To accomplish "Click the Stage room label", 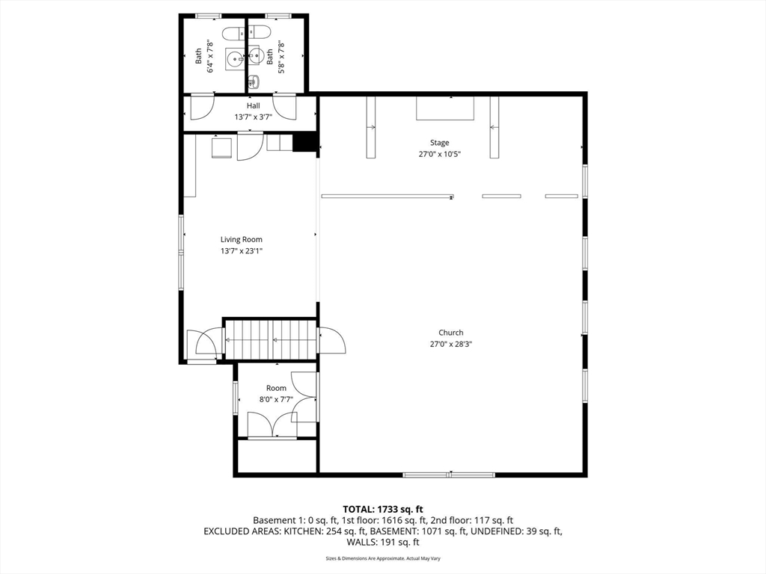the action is pyautogui.click(x=439, y=143).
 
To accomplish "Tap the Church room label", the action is pyautogui.click(x=450, y=333).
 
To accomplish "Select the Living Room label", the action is pyautogui.click(x=242, y=239).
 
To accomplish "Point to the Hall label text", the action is pyautogui.click(x=253, y=105).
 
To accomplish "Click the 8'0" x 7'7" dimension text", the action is pyautogui.click(x=276, y=399).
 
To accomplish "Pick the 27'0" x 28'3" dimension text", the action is pyautogui.click(x=450, y=344).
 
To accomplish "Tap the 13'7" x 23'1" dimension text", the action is pyautogui.click(x=242, y=251).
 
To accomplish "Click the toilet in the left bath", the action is pyautogui.click(x=233, y=34).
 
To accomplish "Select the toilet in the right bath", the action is pyautogui.click(x=259, y=31).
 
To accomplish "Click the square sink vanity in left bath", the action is pyautogui.click(x=235, y=60).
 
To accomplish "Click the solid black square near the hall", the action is pyautogui.click(x=304, y=143).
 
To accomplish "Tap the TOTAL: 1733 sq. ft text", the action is pyautogui.click(x=382, y=510).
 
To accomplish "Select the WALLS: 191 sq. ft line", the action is pyautogui.click(x=382, y=542).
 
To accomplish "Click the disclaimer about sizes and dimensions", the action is pyautogui.click(x=382, y=558).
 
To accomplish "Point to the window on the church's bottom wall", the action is pyautogui.click(x=449, y=475).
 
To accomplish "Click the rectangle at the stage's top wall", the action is pyautogui.click(x=445, y=108).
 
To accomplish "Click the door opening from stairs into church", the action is pyautogui.click(x=332, y=341).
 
